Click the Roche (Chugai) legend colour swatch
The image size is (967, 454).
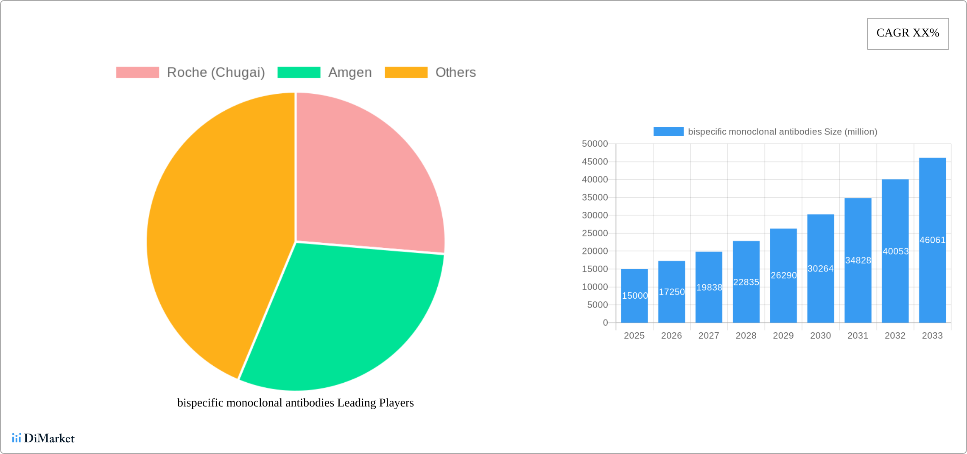pyautogui.click(x=137, y=73)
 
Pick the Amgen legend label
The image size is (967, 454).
pyautogui.click(x=350, y=73)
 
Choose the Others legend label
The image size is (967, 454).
pyautogui.click(x=456, y=73)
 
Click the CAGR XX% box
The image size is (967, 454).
pyautogui.click(x=908, y=34)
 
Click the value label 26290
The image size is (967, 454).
pyautogui.click(x=783, y=275)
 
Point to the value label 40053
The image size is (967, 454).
pyautogui.click(x=895, y=251)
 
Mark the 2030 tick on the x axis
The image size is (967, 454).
pyautogui.click(x=820, y=336)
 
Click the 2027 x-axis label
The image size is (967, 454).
pyautogui.click(x=709, y=336)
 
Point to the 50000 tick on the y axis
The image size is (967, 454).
pyautogui.click(x=595, y=144)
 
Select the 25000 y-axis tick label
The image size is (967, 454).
pyautogui.click(x=595, y=233)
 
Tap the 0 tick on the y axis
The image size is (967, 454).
pyautogui.click(x=605, y=323)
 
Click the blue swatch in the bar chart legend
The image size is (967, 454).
pyautogui.click(x=668, y=132)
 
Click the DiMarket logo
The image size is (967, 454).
pyautogui.click(x=43, y=438)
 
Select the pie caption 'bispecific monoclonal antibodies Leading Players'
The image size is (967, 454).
pyautogui.click(x=295, y=403)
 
